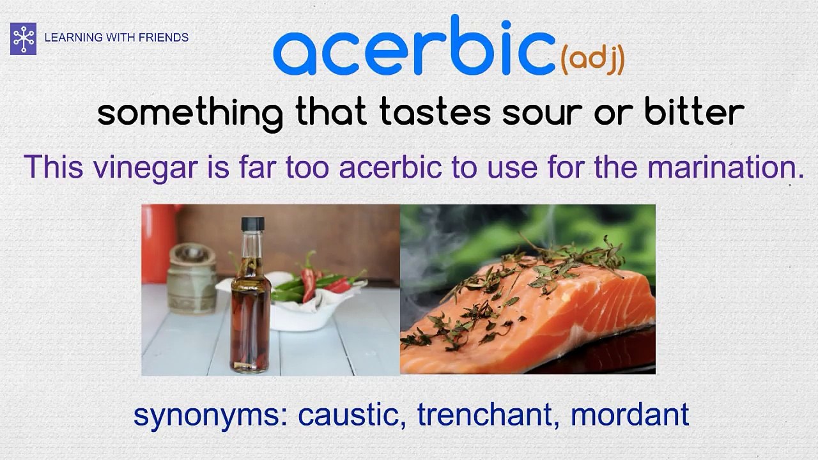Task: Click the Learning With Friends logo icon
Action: tap(23, 38)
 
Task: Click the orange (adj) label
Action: tap(592, 60)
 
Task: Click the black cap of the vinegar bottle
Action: tap(252, 224)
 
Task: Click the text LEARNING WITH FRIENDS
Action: tap(116, 38)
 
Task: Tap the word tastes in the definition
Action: tap(435, 113)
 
